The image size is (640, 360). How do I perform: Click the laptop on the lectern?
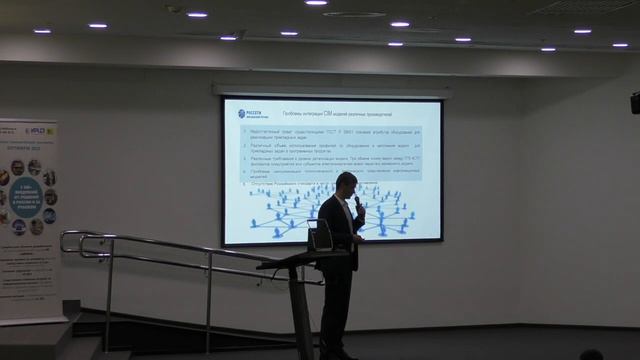pyautogui.click(x=320, y=236)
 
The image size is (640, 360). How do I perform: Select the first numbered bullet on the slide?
pyautogui.click(x=330, y=135)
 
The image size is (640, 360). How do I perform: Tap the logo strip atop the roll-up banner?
pyautogui.click(x=29, y=129)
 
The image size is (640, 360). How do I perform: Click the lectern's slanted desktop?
pyautogui.click(x=300, y=257)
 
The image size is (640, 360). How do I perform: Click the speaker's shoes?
pyautogui.click(x=337, y=354)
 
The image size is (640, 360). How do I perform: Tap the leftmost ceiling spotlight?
pyautogui.click(x=42, y=31)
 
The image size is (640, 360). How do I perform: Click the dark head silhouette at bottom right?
pyautogui.click(x=591, y=354)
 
